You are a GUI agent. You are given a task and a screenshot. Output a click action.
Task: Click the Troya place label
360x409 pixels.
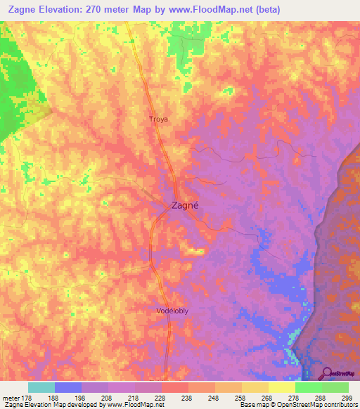tap(159, 119)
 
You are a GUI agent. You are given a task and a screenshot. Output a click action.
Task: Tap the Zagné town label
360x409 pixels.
tap(186, 206)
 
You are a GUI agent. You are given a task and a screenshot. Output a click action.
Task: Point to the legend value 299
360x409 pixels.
tap(346, 398)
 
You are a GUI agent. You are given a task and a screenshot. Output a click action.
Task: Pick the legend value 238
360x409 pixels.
tap(188, 398)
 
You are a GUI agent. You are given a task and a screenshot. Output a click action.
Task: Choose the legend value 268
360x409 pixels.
tap(268, 398)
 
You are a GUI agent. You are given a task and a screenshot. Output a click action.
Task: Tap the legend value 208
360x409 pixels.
tap(108, 398)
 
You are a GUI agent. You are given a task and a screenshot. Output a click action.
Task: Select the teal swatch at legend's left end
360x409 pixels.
tap(41, 387)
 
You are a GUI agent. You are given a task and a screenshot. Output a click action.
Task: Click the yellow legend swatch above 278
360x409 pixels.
tap(281, 387)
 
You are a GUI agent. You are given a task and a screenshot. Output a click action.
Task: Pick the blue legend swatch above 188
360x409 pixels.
tap(68, 387)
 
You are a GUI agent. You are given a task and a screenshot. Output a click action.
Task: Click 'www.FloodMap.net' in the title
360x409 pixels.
tap(214, 8)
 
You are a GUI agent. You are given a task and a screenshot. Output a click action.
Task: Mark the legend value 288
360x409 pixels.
tap(321, 398)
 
